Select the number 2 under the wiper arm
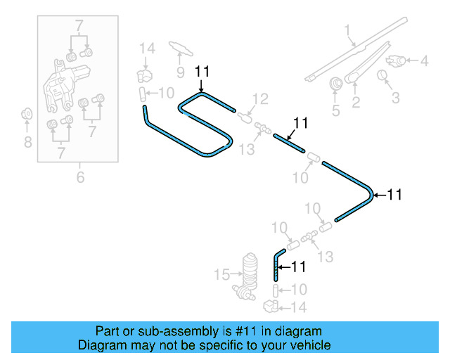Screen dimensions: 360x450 (x=356, y=103)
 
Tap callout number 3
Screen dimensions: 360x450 (x=395, y=97)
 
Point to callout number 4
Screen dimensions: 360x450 (x=424, y=61)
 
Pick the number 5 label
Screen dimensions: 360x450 (x=335, y=110)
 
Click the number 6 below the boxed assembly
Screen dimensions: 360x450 (x=80, y=177)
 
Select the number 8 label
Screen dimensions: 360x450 (x=27, y=143)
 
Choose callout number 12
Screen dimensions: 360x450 (x=260, y=99)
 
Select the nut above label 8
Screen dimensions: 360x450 (x=27, y=113)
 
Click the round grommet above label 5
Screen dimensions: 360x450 (x=336, y=82)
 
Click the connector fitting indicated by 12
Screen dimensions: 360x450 (x=245, y=115)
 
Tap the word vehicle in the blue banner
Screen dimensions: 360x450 (x=307, y=345)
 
